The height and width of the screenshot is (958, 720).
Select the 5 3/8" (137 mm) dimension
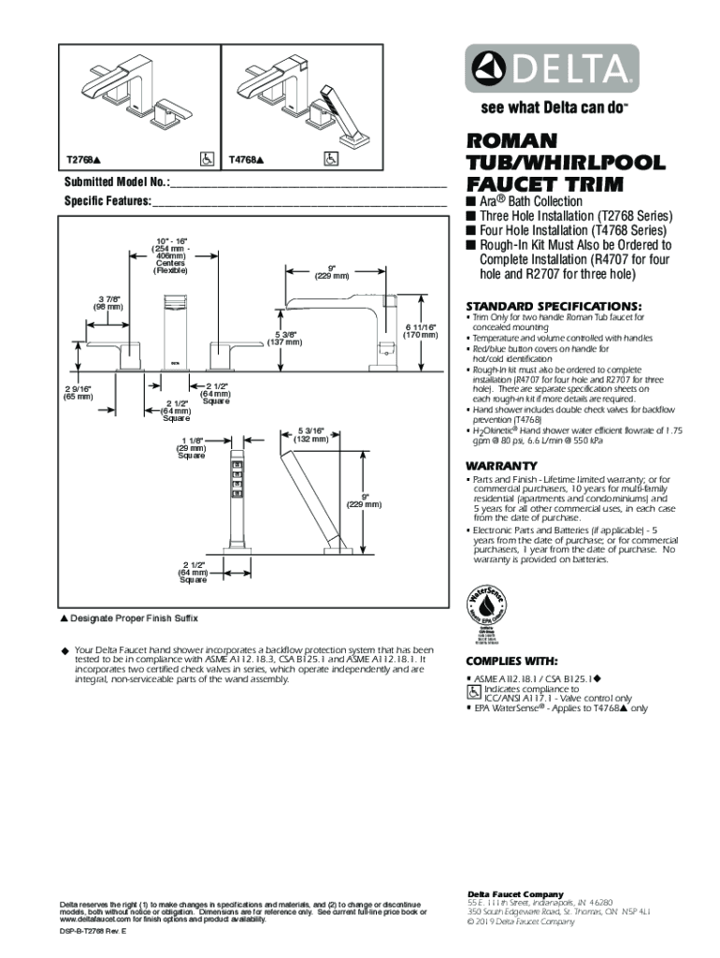coord(285,337)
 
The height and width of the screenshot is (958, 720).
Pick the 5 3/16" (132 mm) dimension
coord(310,434)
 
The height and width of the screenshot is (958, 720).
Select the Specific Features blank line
coord(299,203)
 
